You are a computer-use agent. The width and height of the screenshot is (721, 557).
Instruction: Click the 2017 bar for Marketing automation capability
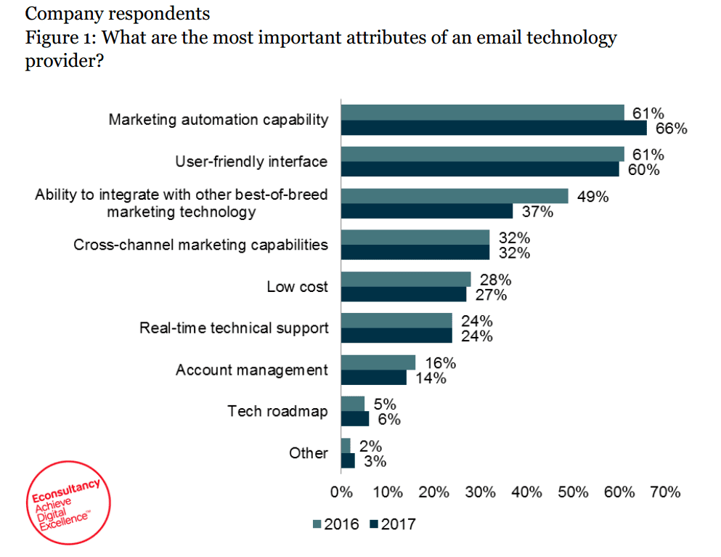pyautogui.click(x=494, y=129)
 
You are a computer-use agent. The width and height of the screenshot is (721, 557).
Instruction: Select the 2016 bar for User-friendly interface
pyautogui.click(x=482, y=154)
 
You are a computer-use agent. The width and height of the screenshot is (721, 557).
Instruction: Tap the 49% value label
pyautogui.click(x=593, y=197)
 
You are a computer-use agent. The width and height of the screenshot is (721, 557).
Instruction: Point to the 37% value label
pyautogui.click(x=538, y=212)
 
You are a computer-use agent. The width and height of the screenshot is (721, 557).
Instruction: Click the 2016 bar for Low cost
pyautogui.click(x=406, y=280)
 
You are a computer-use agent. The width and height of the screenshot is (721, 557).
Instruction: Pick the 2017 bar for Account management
pyautogui.click(x=373, y=378)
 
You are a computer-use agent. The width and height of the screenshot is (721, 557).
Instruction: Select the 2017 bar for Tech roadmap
pyautogui.click(x=355, y=419)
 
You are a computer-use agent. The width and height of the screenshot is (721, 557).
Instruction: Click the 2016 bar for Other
pyautogui.click(x=346, y=445)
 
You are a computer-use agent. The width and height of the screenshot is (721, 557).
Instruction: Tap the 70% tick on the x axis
pyautogui.click(x=665, y=493)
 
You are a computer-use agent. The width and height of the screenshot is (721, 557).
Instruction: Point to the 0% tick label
pyautogui.click(x=341, y=493)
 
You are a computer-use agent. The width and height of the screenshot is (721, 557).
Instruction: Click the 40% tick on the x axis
pyautogui.click(x=526, y=493)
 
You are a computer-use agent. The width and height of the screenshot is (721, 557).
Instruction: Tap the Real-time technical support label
pyautogui.click(x=233, y=328)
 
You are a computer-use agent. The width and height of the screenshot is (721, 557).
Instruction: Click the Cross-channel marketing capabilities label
pyautogui.click(x=200, y=245)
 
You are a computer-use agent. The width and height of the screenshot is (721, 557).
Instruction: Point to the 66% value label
pyautogui.click(x=671, y=129)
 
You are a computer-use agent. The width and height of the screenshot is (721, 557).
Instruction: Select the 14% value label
pyautogui.click(x=431, y=378)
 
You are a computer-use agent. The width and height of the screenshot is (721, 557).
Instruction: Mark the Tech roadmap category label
pyautogui.click(x=277, y=412)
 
